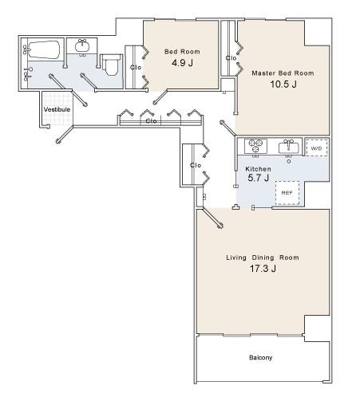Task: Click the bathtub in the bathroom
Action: click(x=44, y=49)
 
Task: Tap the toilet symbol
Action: click(x=110, y=65)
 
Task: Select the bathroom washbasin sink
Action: click(x=82, y=46)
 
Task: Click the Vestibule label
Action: click(x=57, y=109)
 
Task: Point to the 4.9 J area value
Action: click(x=182, y=63)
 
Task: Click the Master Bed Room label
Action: click(x=283, y=73)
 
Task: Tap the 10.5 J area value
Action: click(x=283, y=85)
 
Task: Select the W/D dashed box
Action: click(x=316, y=147)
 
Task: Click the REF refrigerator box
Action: click(x=287, y=193)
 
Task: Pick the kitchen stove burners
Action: click(x=255, y=145)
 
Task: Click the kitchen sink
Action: click(x=288, y=147)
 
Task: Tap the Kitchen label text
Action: click(x=258, y=169)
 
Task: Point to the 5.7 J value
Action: click(x=258, y=178)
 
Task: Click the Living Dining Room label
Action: click(x=263, y=258)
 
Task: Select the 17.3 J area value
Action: click(x=263, y=269)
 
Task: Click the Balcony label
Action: click(x=260, y=357)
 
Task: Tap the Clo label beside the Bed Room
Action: click(x=136, y=68)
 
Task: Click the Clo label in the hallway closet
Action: click(x=151, y=121)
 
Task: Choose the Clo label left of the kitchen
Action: click(x=196, y=165)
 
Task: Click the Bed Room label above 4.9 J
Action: click(x=182, y=52)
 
